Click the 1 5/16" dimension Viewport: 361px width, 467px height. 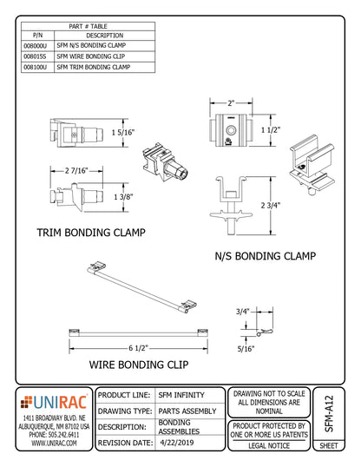pos(122,131)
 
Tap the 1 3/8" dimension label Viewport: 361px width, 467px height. pos(123,198)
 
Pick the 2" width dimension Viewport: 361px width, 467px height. pos(231,102)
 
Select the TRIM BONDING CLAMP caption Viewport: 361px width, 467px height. pos(90,233)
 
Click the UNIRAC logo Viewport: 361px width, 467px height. pos(55,401)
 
